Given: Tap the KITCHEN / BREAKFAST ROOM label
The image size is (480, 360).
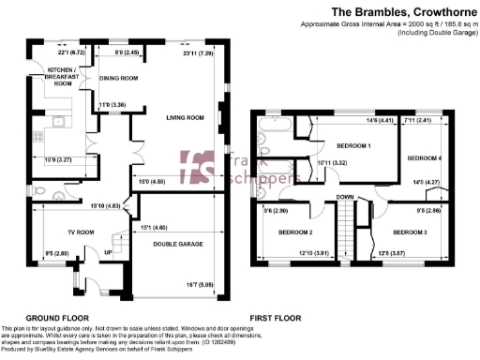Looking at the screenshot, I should click(63, 76).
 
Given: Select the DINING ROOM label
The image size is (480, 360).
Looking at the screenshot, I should click(119, 79).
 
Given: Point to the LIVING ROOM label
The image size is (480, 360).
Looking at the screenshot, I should click(186, 118).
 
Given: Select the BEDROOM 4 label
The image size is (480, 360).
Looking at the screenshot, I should click(426, 159).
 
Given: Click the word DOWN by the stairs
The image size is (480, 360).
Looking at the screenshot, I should click(345, 197).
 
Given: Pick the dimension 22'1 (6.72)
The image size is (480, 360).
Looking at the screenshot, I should click(71, 53).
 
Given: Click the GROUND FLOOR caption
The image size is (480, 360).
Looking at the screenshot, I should click(57, 318).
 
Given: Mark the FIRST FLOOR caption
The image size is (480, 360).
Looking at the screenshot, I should click(275, 318).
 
